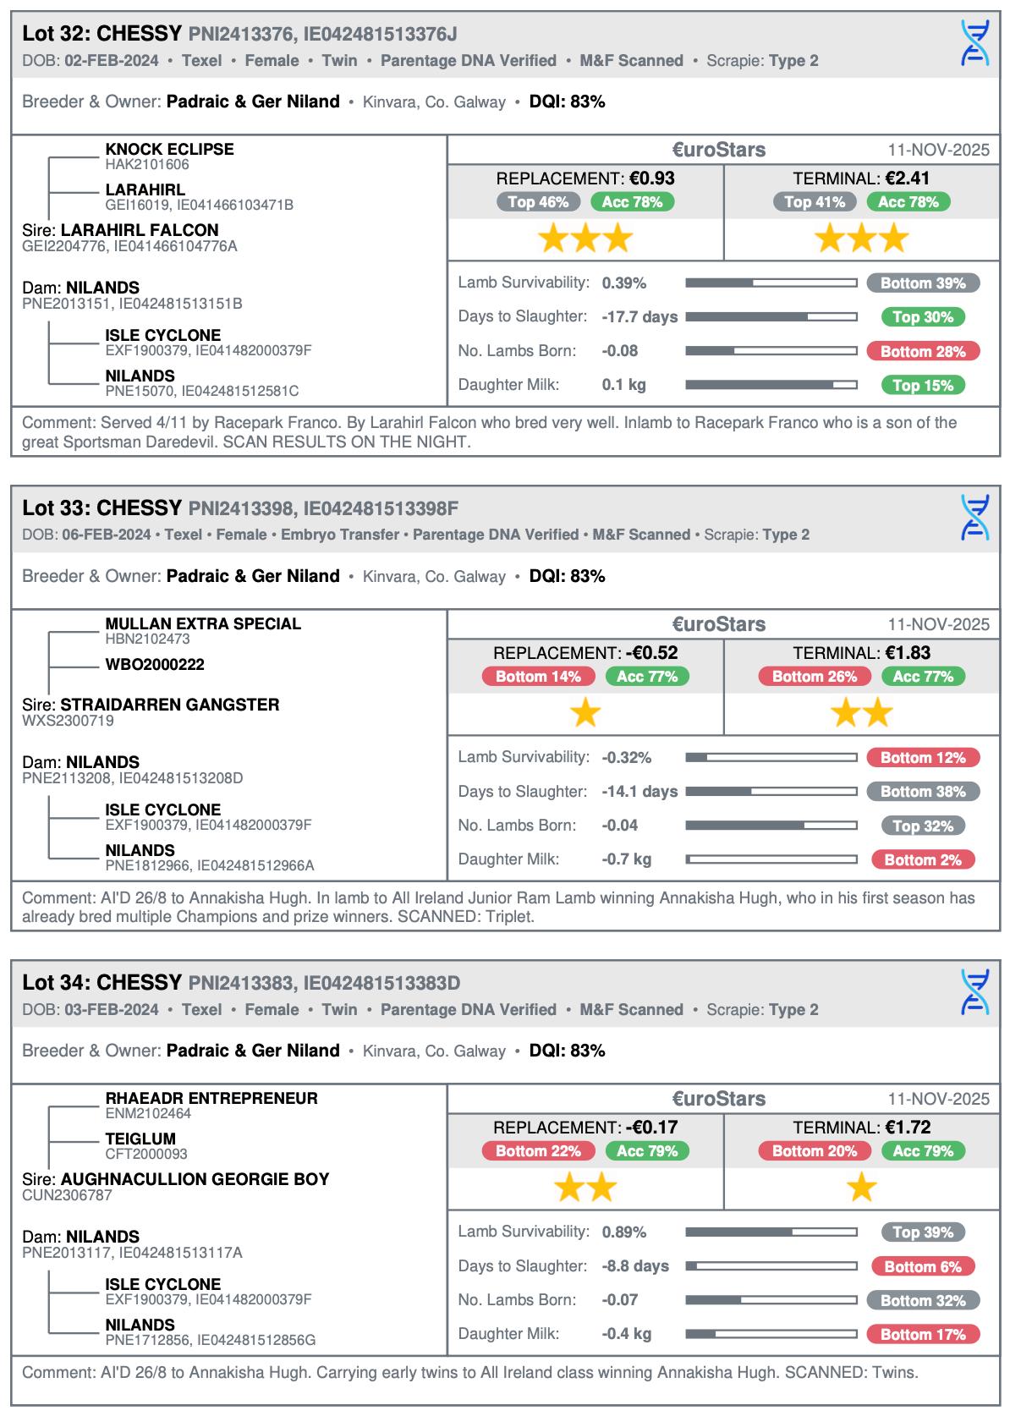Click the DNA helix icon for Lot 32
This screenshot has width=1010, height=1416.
coord(974,43)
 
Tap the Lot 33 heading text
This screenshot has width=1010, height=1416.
coord(102,508)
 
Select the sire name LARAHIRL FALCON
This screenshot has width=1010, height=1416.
coord(140,230)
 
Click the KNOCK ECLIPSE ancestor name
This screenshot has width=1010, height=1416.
coord(169,149)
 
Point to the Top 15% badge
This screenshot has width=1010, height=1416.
coord(922,386)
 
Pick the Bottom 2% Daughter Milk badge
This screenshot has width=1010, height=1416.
coord(923,860)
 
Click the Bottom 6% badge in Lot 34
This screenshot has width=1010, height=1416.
coord(923,1267)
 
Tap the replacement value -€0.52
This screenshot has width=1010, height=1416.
coord(651,653)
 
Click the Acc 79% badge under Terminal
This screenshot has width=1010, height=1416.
coord(923,1151)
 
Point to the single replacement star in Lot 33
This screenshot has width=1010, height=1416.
coord(585,713)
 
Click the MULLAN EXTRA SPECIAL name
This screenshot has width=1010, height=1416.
coord(203,623)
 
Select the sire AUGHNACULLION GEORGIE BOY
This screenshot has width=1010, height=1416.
coord(195,1179)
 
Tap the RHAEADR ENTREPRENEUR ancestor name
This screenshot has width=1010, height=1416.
coord(211,1098)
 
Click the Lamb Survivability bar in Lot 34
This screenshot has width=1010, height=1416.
coord(771,1232)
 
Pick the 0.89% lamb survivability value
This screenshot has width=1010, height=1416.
coord(624,1232)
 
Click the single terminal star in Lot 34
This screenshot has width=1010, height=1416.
coord(861,1188)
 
